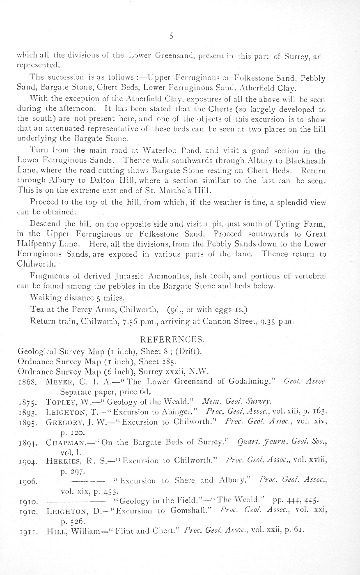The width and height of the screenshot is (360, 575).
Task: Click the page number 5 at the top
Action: (x=172, y=36)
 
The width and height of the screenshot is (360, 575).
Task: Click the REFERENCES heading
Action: (x=171, y=340)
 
